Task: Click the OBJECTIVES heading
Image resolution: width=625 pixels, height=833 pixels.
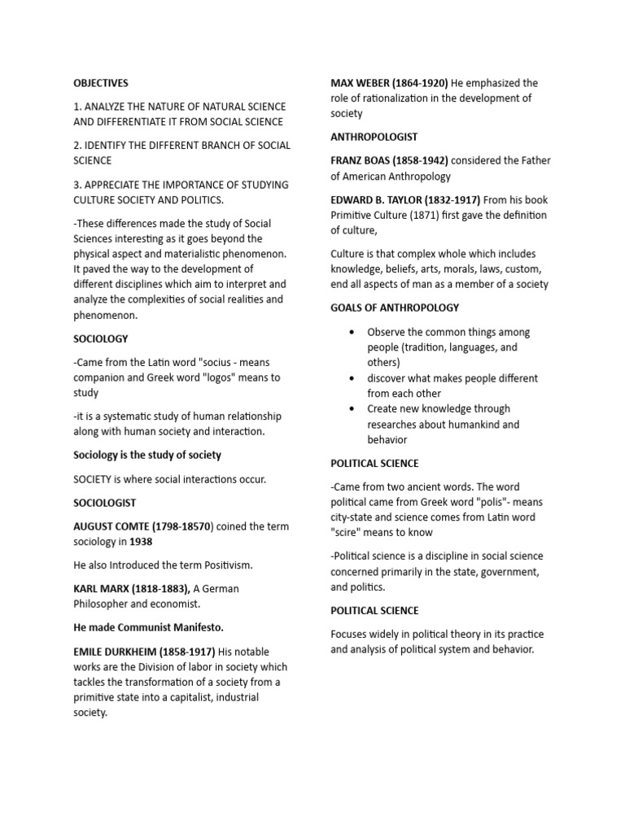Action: pos(101,83)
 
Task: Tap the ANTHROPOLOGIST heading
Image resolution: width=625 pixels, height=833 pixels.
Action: pos(374,137)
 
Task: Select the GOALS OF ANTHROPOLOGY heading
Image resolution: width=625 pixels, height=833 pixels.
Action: pos(395,307)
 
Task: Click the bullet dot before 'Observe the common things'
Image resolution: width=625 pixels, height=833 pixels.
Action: pos(351,333)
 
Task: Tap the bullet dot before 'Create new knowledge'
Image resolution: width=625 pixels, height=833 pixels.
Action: pos(351,409)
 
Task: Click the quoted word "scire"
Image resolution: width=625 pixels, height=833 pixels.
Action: pos(348,533)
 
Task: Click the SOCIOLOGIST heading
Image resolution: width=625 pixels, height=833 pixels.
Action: pos(105,503)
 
